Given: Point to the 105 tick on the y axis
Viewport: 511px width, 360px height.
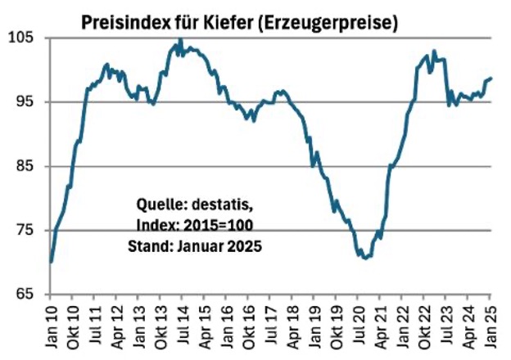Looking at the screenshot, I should [21, 38].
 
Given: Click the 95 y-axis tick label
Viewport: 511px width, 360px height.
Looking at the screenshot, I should [25, 101].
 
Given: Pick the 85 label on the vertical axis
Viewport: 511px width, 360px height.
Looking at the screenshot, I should [25, 166].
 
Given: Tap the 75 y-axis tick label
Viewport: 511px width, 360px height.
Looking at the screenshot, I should [25, 230].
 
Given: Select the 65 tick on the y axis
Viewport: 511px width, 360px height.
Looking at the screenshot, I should [25, 295].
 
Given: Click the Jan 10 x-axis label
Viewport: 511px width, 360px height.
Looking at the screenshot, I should [51, 326].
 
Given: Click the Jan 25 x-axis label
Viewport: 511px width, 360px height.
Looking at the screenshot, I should [490, 326].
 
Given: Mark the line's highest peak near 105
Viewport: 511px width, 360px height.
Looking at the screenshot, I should [181, 39].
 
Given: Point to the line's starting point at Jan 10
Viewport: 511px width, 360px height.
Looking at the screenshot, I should [51, 263].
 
